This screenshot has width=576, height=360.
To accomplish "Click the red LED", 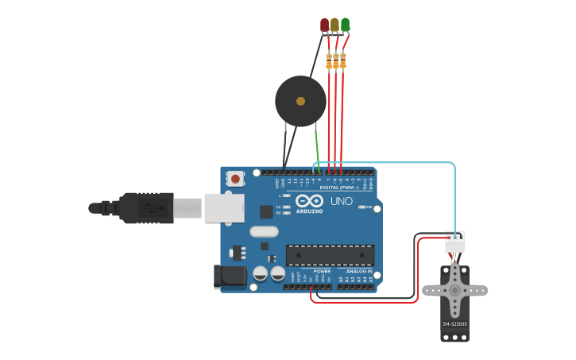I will click(324, 25).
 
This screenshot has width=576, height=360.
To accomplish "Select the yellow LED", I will click(334, 25).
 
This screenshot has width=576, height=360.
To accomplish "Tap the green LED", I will click(345, 25).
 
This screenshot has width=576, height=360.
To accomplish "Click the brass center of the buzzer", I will click(300, 101).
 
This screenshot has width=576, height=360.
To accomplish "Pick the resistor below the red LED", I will click(329, 60).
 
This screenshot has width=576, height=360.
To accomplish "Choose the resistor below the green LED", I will click(343, 60).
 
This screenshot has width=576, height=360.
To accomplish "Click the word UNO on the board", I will click(341, 201).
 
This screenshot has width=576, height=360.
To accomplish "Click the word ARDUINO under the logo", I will click(310, 211).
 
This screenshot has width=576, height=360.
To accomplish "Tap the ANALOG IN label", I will click(359, 271).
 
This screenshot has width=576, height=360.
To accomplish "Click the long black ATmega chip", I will click(330, 255).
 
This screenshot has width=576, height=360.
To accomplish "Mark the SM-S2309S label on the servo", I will click(454, 323).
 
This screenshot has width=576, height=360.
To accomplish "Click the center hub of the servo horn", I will click(454, 291).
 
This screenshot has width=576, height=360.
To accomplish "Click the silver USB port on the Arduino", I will click(223, 207).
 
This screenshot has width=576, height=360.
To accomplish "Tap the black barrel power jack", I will click(230, 277).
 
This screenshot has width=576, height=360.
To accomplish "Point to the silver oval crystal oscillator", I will click(264, 232).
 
